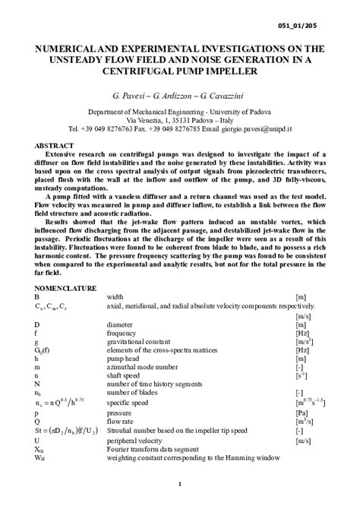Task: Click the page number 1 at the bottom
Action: pos(180,484)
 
